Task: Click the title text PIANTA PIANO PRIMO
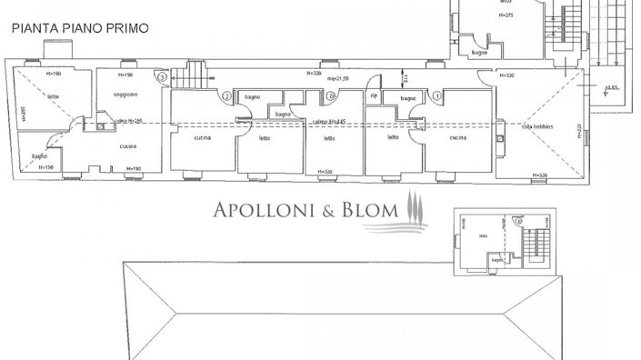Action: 80,29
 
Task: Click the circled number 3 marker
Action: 162,78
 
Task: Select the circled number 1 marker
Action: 437,95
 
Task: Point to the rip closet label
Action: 373,95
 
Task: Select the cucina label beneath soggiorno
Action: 128,146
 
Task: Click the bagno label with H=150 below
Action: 40,156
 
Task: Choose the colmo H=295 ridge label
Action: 126,121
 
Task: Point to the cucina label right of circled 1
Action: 457,137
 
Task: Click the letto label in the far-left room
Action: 54,96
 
